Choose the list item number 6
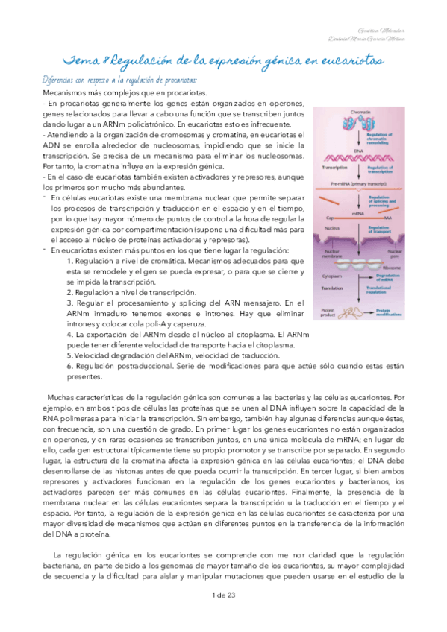click(69, 367)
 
